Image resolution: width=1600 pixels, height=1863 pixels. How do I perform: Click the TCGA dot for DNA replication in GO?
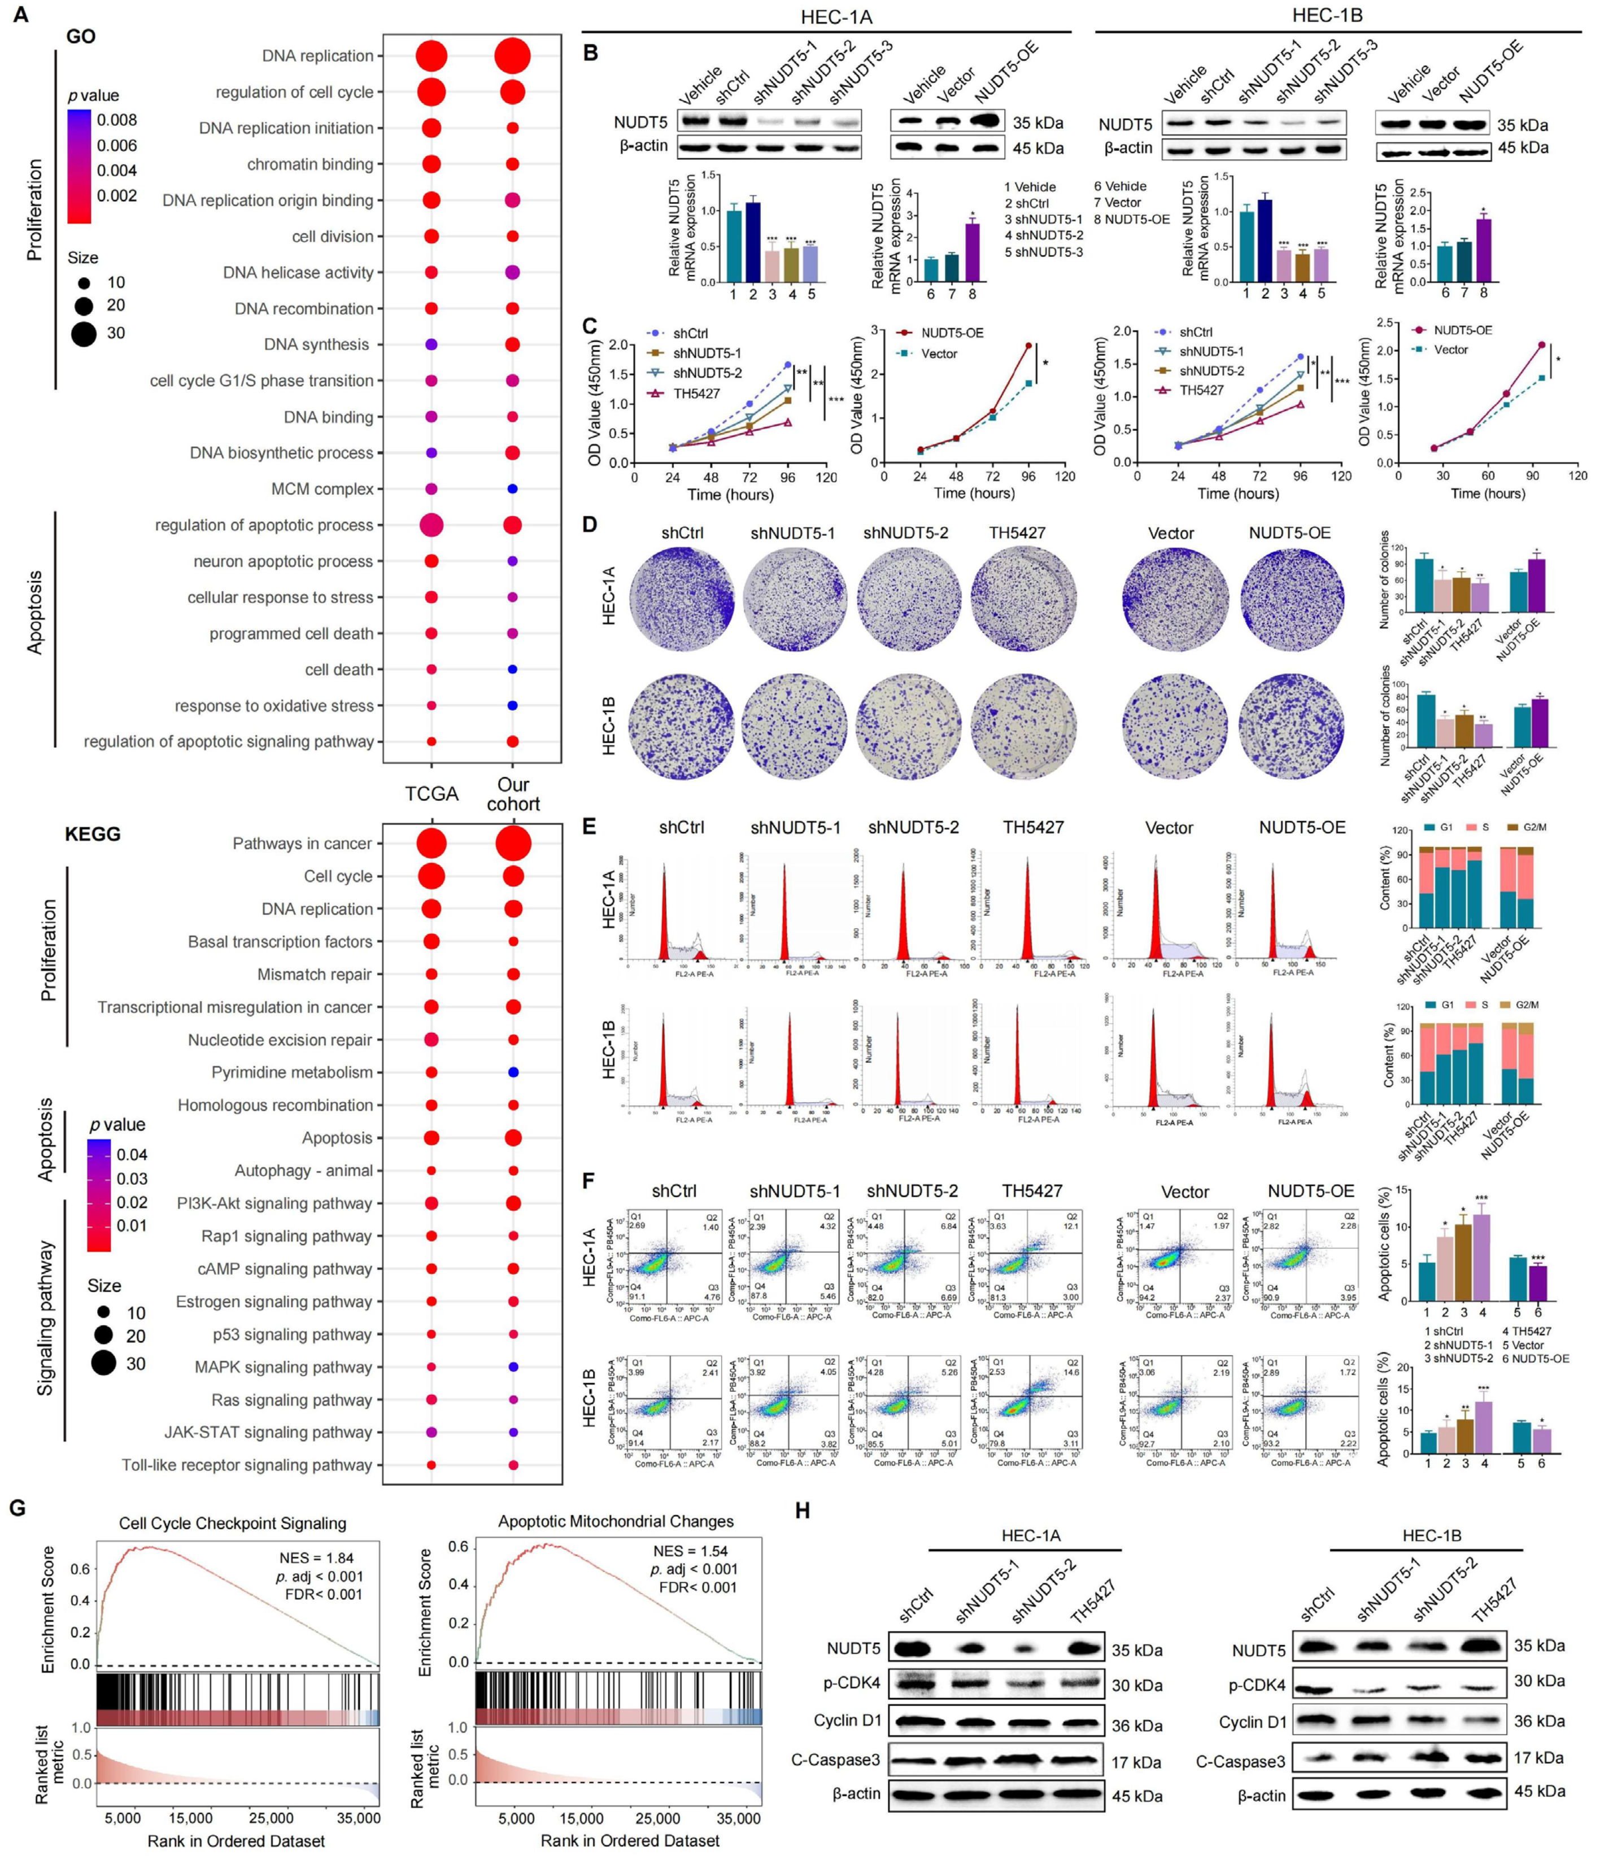tap(431, 56)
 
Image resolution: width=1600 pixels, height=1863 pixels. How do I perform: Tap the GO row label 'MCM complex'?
tap(322, 489)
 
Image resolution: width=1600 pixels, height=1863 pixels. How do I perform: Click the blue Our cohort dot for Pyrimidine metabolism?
tap(513, 1072)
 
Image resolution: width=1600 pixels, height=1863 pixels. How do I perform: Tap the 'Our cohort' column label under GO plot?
tap(513, 794)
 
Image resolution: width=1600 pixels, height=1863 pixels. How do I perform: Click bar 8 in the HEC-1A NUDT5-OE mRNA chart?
tap(972, 252)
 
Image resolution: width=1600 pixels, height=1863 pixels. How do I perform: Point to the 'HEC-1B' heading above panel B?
tap(1327, 15)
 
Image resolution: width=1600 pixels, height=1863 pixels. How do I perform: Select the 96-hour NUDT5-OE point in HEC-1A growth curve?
tap(1028, 345)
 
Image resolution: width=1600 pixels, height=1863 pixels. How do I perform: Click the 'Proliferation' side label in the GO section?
tap(35, 210)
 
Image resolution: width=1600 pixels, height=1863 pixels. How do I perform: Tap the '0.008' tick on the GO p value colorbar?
tap(117, 120)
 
